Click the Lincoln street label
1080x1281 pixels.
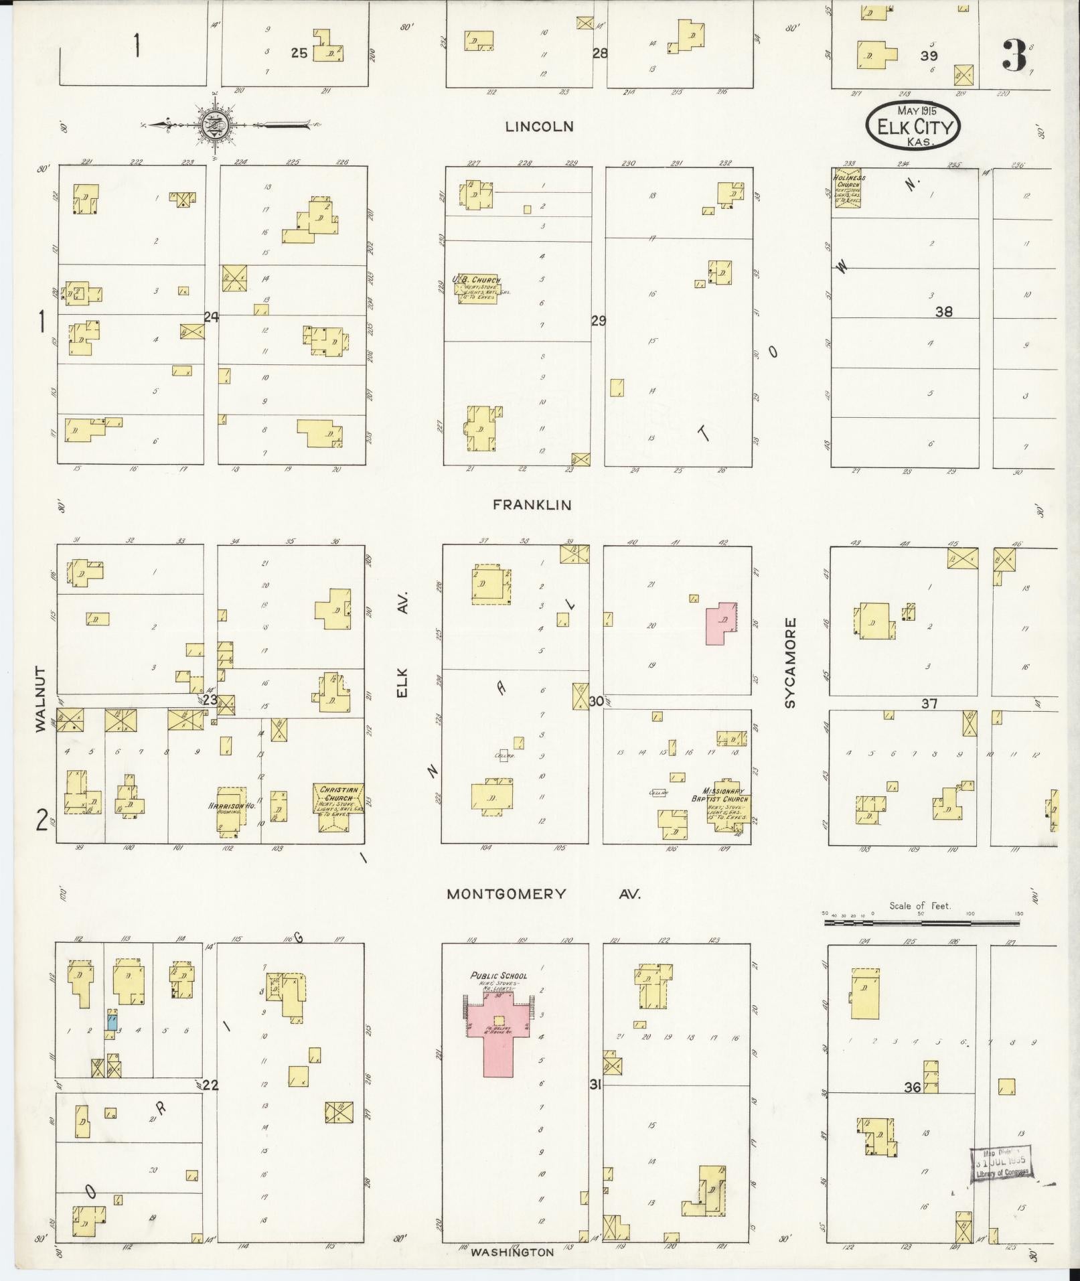click(539, 127)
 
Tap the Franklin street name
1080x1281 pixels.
click(532, 505)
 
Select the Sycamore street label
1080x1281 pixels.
click(791, 663)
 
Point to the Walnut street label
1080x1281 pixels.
click(42, 698)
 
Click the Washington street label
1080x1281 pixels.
click(512, 1252)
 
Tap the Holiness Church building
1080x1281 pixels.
click(847, 188)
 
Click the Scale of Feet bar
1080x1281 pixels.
click(921, 922)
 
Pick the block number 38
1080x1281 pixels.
click(944, 311)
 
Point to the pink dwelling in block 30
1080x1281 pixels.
click(720, 622)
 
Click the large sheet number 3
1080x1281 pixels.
click(1014, 56)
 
